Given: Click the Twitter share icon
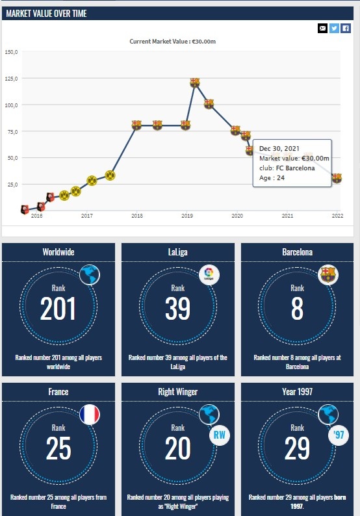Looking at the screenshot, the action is click(334, 29).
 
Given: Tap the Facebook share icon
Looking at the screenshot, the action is click(346, 29).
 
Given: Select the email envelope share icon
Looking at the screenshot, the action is click(322, 29).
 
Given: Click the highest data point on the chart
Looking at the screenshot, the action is click(195, 82).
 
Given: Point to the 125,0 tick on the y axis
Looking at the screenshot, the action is click(12, 79).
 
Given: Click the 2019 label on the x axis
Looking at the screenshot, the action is click(187, 216).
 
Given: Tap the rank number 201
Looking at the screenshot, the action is click(58, 308).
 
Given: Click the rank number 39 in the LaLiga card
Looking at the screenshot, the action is click(177, 308).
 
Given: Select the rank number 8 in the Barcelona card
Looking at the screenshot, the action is click(297, 308).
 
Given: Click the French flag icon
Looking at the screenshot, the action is click(90, 415).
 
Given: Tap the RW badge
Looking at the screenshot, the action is click(220, 435).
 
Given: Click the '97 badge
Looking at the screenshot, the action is click(339, 435).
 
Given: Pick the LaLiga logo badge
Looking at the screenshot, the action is click(209, 275).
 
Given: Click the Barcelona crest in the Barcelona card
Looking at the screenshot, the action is click(328, 275).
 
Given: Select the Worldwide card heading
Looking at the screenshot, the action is click(58, 252).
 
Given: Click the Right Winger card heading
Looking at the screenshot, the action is click(177, 392).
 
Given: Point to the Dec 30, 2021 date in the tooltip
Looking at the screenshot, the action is click(279, 148).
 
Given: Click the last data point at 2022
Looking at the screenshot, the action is click(337, 178).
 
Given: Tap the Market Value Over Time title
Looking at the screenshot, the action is click(46, 14).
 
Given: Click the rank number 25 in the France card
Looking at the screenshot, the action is click(58, 448).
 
